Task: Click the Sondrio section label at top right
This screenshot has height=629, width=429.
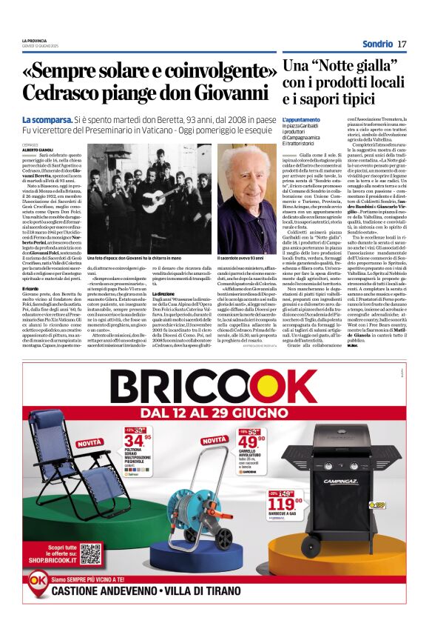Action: pyautogui.click(x=377, y=44)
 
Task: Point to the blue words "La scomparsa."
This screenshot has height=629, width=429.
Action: pyautogui.click(x=47, y=119)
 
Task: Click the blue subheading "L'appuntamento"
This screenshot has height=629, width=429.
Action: pyautogui.click(x=301, y=119)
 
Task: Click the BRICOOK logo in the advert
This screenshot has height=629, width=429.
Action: pyautogui.click(x=214, y=387)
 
